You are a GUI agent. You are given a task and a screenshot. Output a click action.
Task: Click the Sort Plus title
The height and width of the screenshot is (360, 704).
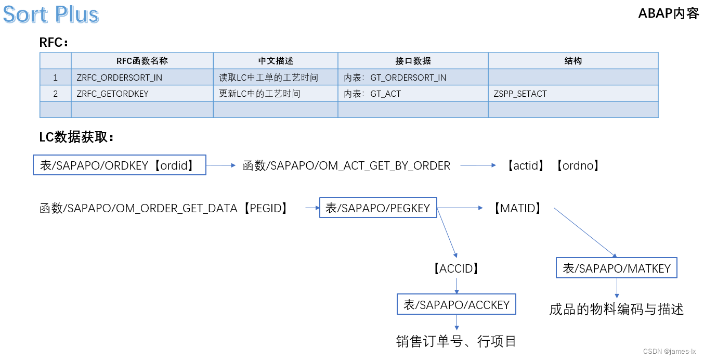(x=51, y=15)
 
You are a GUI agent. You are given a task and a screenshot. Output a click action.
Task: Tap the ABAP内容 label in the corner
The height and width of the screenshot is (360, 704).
(x=669, y=14)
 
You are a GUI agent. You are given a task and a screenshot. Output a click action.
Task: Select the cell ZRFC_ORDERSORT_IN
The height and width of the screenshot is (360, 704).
(x=120, y=78)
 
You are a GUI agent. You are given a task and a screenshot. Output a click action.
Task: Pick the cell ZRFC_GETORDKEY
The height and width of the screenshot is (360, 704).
(x=113, y=94)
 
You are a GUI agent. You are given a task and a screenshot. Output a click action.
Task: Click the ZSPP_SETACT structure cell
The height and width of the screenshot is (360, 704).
(x=520, y=94)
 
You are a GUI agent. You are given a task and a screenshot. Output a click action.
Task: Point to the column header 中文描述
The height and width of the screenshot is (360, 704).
(x=276, y=61)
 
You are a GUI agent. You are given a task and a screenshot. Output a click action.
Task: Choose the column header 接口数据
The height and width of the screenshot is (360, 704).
(x=413, y=61)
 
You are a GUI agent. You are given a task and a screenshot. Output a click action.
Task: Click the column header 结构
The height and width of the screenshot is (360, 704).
(x=573, y=61)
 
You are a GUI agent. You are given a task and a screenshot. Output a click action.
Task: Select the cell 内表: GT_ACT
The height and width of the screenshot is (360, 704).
(x=372, y=94)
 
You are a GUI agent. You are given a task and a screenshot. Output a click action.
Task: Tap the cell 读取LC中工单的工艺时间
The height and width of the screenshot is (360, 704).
(x=268, y=78)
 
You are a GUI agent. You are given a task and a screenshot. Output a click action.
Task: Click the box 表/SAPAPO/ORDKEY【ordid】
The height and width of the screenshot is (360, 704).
(x=120, y=165)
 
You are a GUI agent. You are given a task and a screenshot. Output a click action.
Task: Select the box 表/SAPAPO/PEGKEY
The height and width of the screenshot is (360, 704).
(x=378, y=208)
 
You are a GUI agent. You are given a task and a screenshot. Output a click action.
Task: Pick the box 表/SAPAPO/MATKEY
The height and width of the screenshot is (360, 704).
(x=617, y=268)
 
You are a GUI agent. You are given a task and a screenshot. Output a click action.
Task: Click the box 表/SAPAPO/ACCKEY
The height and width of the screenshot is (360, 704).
(x=457, y=304)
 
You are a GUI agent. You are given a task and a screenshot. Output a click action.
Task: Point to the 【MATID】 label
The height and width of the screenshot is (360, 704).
(x=517, y=208)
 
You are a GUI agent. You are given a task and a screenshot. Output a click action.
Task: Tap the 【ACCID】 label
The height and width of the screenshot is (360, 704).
(x=455, y=268)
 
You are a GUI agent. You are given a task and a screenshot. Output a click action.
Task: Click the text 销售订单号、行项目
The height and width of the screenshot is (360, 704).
(x=457, y=341)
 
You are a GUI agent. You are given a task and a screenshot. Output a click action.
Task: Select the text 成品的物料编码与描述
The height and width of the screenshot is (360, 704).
(x=616, y=310)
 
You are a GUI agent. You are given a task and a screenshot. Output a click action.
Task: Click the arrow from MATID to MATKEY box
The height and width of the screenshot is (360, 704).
(x=585, y=233)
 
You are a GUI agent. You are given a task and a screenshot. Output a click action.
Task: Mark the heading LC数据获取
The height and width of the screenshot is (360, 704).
(x=76, y=137)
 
